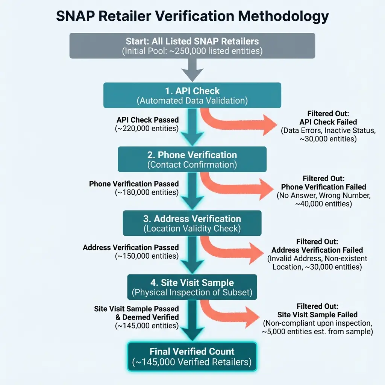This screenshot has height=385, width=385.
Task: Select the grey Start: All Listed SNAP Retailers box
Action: click(x=192, y=45)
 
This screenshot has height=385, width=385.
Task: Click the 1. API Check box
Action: click(x=192, y=95)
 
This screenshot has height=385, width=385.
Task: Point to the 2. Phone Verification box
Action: click(x=192, y=159)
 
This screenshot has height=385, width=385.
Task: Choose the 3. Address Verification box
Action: click(x=192, y=223)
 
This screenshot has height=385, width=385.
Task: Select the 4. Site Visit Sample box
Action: click(x=192, y=287)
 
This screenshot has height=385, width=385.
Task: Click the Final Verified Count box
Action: click(x=192, y=356)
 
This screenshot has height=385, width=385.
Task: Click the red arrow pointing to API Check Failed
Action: click(x=241, y=122)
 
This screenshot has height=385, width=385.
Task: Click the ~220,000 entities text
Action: click(x=147, y=128)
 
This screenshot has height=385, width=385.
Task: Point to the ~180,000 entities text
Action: click(x=147, y=192)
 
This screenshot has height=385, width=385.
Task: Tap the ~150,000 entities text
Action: click(x=147, y=256)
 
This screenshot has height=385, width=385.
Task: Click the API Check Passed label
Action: click(x=148, y=120)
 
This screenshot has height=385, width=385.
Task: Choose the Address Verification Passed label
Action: click(x=131, y=248)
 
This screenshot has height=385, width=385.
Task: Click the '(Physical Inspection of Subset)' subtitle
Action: click(x=192, y=292)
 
